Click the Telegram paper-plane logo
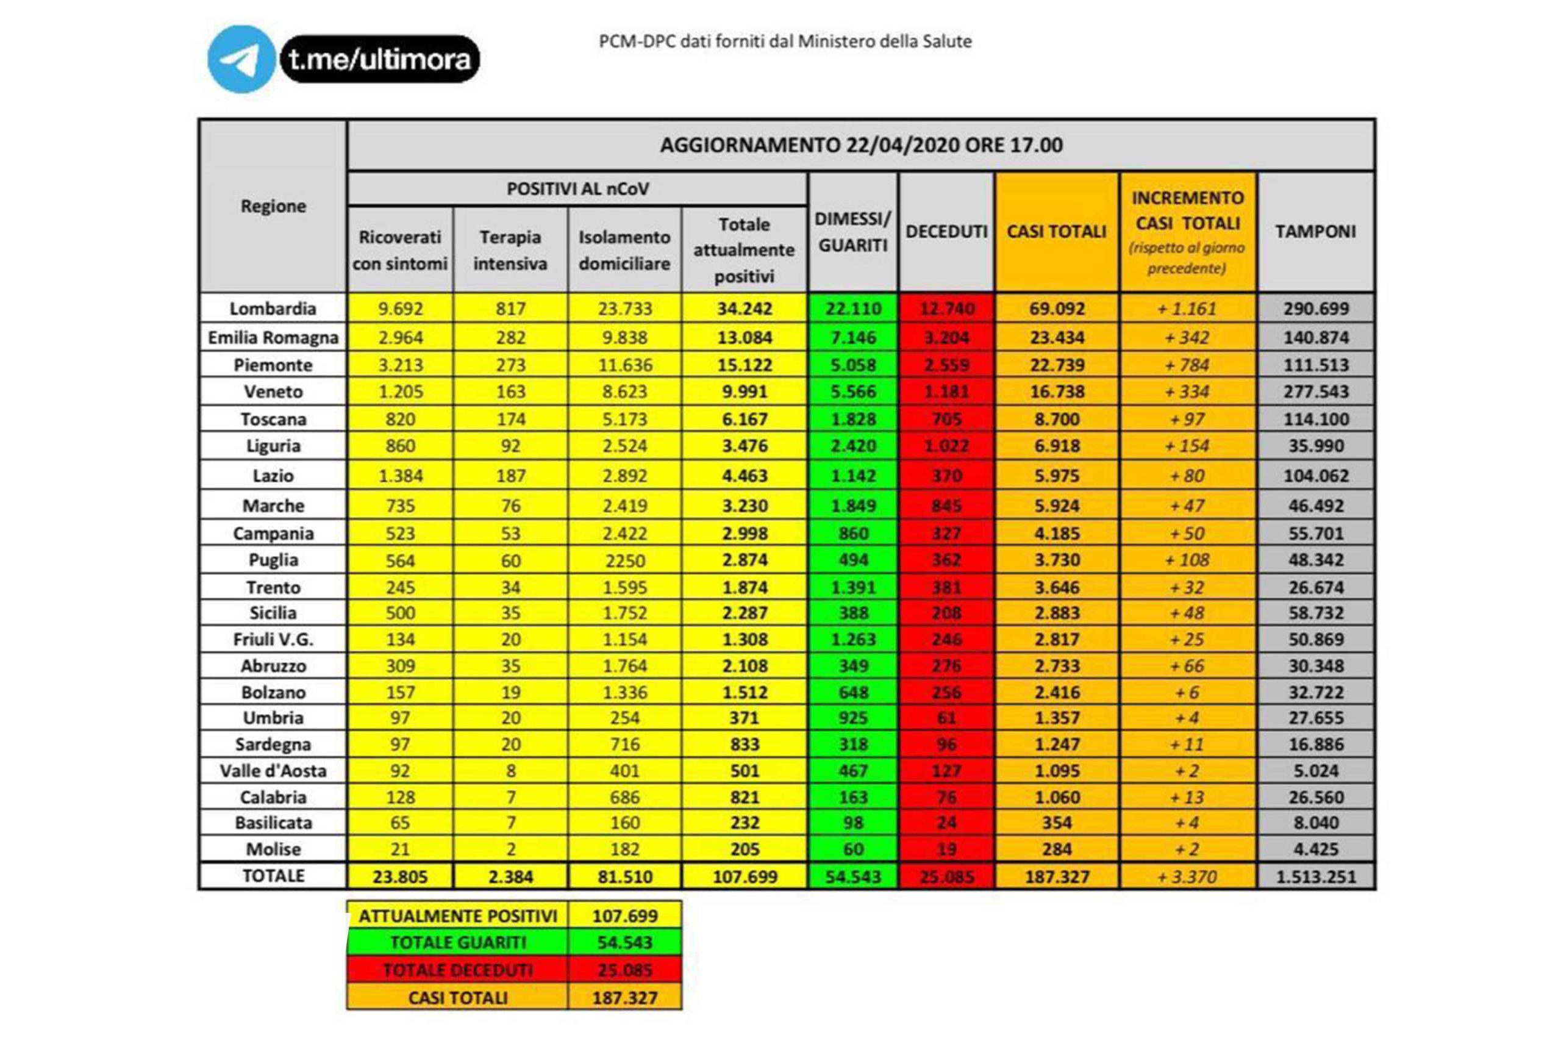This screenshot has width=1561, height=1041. (x=241, y=60)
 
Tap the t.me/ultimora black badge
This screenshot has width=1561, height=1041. (x=380, y=60)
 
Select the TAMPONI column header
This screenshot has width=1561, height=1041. (x=1315, y=232)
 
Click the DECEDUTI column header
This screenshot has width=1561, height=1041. (x=946, y=232)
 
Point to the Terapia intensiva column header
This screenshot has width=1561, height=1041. (x=510, y=250)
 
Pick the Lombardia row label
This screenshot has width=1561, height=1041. (x=273, y=309)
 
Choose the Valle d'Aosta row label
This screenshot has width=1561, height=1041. (x=273, y=771)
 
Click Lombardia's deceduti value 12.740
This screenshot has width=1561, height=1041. (x=946, y=309)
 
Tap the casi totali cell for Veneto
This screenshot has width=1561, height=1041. (x=1057, y=392)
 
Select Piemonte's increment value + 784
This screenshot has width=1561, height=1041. (x=1187, y=365)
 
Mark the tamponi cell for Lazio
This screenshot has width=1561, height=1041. (x=1315, y=476)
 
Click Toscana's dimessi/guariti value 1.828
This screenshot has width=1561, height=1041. (x=853, y=420)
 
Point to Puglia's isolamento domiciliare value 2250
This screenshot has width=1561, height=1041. (x=624, y=561)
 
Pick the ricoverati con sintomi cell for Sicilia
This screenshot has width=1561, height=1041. (x=400, y=613)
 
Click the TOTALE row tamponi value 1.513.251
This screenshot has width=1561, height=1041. (x=1315, y=877)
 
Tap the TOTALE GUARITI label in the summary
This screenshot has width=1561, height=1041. (x=458, y=943)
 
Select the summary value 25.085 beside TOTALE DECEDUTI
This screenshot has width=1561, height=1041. (x=624, y=970)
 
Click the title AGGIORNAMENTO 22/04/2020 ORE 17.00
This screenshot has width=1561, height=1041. (x=861, y=145)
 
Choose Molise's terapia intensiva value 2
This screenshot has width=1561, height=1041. (x=510, y=849)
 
